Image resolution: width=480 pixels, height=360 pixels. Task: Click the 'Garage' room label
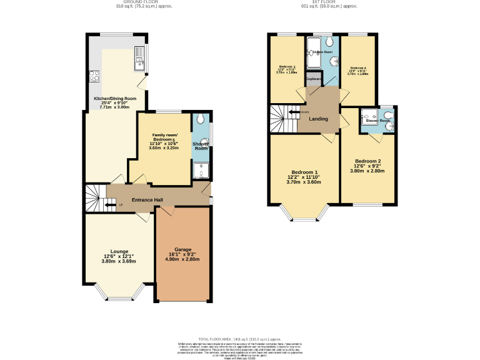click(x=182, y=249)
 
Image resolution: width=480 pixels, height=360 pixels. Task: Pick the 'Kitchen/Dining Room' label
click(x=115, y=99)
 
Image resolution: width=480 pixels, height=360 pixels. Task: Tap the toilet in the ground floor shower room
click(x=200, y=119)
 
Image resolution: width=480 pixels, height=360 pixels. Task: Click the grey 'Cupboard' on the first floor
click(x=314, y=80)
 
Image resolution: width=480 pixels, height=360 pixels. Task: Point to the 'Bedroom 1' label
click(x=304, y=172)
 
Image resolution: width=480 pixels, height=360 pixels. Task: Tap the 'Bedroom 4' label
click(x=357, y=67)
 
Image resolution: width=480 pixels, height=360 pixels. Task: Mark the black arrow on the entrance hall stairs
click(x=109, y=205)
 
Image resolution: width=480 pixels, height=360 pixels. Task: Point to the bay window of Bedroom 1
click(x=305, y=216)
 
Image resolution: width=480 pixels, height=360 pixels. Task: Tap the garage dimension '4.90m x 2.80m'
click(x=182, y=259)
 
